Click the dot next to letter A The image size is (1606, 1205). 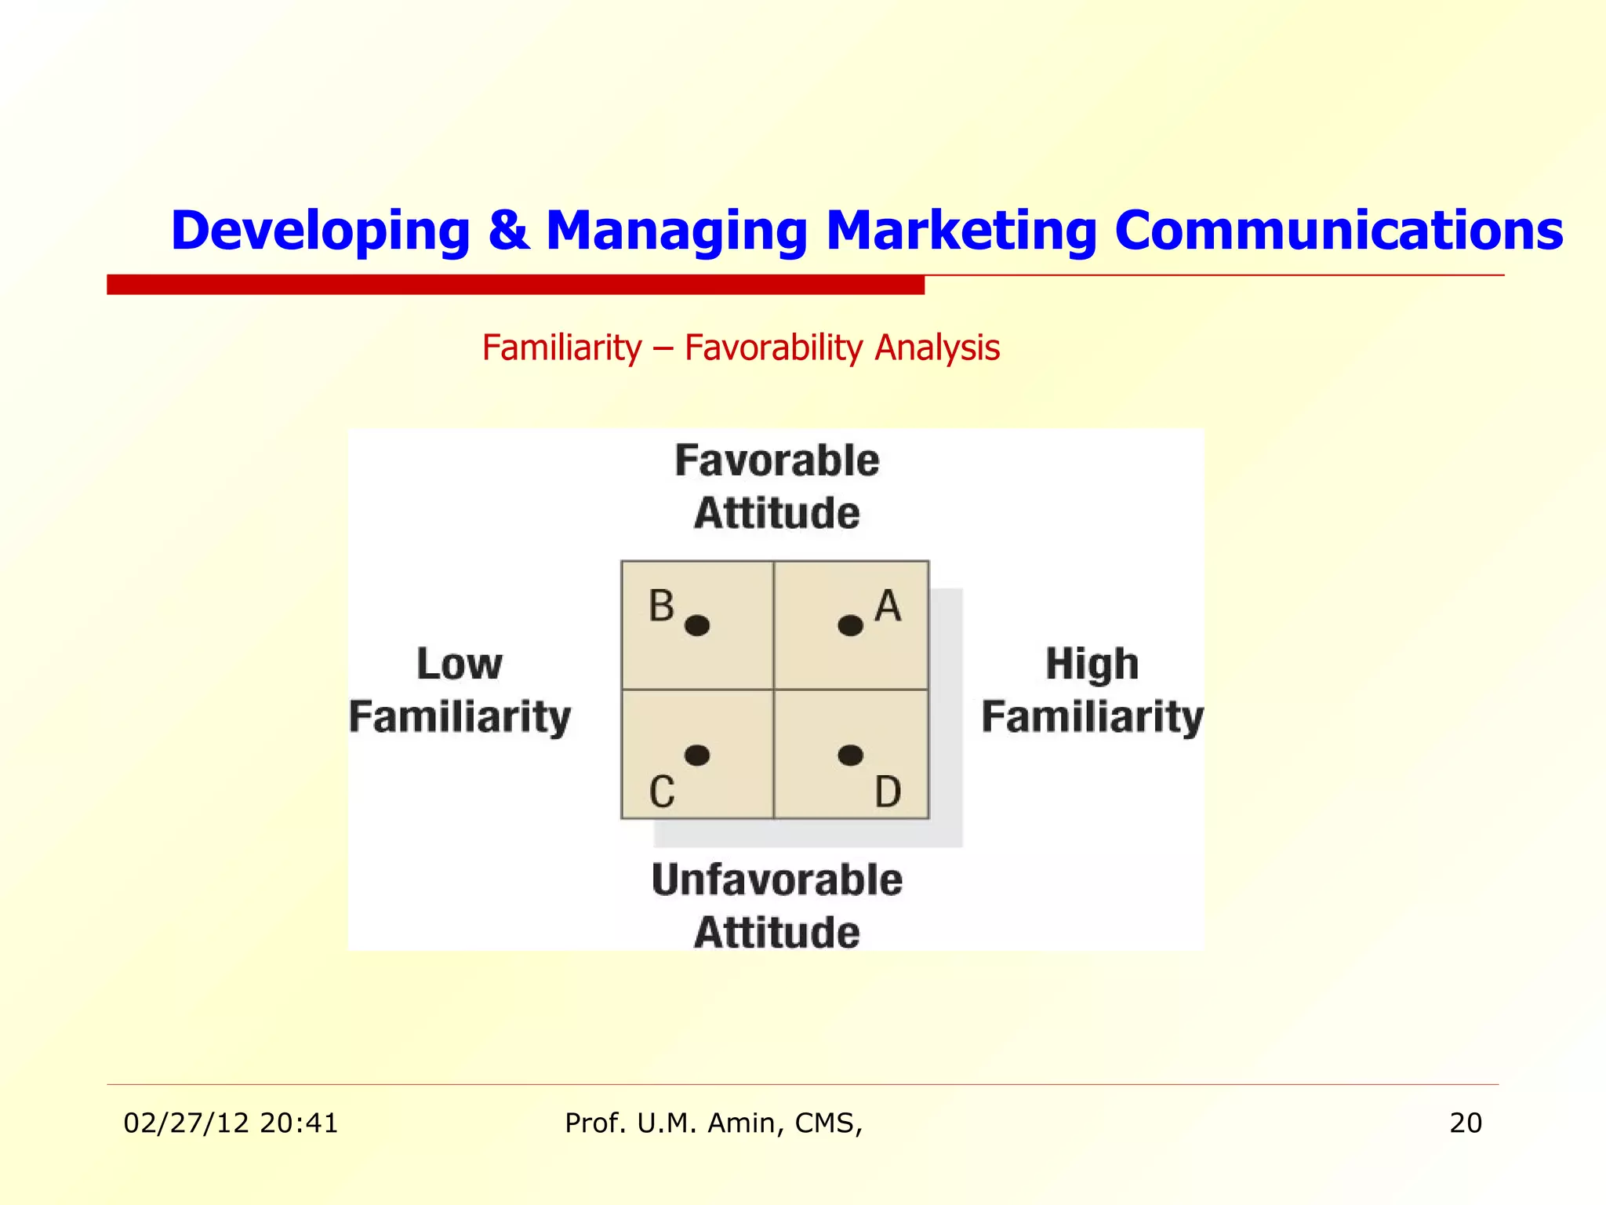point(850,625)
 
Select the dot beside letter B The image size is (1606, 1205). point(697,625)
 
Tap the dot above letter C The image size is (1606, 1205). point(697,755)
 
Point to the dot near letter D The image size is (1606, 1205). point(850,755)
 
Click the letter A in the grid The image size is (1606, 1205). point(888,606)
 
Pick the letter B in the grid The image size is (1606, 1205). point(661,606)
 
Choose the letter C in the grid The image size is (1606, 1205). point(662,792)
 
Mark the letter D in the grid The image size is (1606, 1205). point(888,792)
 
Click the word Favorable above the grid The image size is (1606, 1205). point(776,461)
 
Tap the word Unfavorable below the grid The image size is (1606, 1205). point(776,879)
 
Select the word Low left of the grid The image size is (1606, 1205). point(459,664)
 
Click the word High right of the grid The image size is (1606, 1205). point(1092,664)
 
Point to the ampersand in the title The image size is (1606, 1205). point(508,231)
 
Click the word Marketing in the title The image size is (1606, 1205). point(961,231)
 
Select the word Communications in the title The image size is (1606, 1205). point(1338,231)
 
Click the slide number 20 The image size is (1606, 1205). point(1465,1123)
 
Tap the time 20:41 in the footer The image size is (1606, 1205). point(299,1123)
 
